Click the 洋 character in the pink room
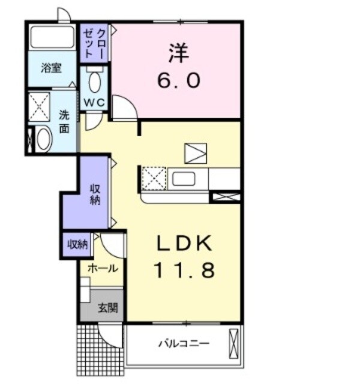pos(179,53)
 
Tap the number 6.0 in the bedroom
pos(179,81)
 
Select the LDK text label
pos(184,243)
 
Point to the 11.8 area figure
pos(184,270)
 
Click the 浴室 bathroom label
pos(51,68)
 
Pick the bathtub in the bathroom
pos(53,37)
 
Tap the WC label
pos(95,103)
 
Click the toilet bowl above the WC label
pos(95,82)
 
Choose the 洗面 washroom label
pos(64,122)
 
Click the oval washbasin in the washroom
pos(44,139)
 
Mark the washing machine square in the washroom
pos(39,107)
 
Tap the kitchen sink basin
pos(184,179)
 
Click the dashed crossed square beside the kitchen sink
pos(154,179)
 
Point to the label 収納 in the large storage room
pos(95,194)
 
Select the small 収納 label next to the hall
pos(77,244)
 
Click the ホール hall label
pos(103,268)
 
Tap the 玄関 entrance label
pos(108,308)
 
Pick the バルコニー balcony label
pos(184,343)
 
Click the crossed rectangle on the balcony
pos(233,344)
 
